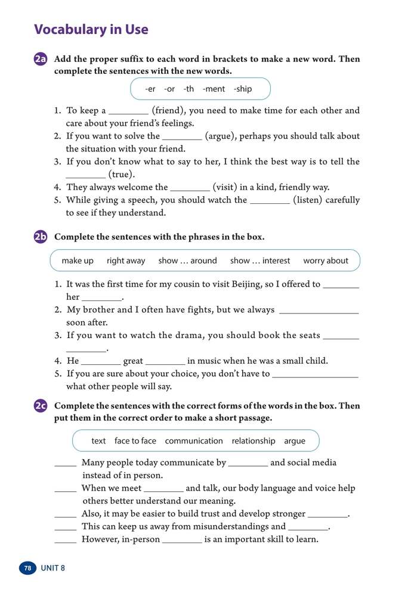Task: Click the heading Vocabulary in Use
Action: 91,29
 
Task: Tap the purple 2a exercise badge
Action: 41,60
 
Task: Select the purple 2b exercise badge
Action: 41,237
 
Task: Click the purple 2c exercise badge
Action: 41,406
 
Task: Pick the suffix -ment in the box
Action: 214,89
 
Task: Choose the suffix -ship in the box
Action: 243,89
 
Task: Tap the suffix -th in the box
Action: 189,89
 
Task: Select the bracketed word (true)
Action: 122,175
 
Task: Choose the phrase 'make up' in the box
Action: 78,261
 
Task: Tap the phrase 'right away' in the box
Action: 126,261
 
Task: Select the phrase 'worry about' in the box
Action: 325,261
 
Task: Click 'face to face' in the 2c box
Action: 135,441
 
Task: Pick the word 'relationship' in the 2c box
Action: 254,441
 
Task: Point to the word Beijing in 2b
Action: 280,284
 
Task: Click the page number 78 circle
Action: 27,568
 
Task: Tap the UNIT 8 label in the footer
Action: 52,568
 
